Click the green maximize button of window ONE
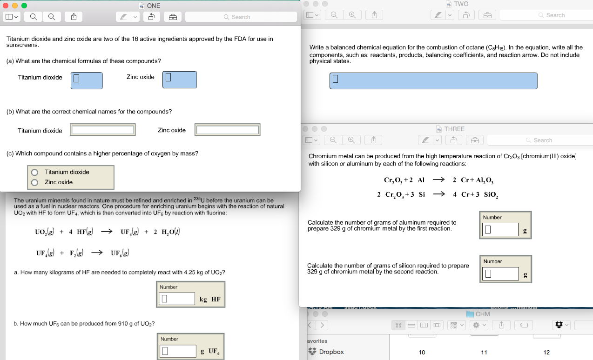(24, 6)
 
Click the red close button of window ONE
(6, 6)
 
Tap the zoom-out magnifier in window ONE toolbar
(34, 17)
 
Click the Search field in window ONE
(241, 17)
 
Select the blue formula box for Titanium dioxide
(87, 80)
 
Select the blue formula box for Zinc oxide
(180, 80)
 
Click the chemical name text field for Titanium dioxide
(103, 130)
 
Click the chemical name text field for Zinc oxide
(228, 130)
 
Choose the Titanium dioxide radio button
(34, 173)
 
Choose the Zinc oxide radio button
(34, 182)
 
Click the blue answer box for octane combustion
(433, 80)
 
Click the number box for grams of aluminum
(500, 229)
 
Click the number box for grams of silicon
(500, 273)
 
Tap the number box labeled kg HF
(177, 298)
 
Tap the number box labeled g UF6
(178, 351)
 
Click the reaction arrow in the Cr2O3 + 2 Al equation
(438, 180)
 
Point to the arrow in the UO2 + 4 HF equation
(107, 232)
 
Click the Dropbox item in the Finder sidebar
(326, 352)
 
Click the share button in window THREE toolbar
(373, 140)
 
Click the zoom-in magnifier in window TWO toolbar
(352, 15)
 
